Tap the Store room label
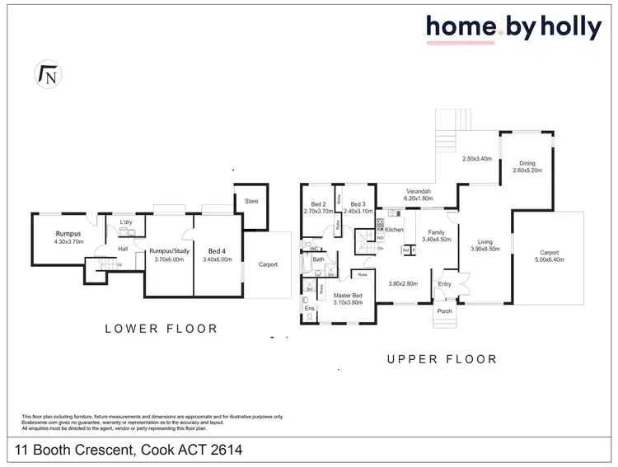[250, 200]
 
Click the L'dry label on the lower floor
[126, 223]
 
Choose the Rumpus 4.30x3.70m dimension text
[60, 241]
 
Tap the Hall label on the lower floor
[122, 248]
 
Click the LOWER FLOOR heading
[161, 328]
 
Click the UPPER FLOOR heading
[442, 359]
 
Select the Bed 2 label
[319, 205]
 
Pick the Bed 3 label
[358, 205]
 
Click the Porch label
[444, 312]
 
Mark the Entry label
[444, 284]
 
